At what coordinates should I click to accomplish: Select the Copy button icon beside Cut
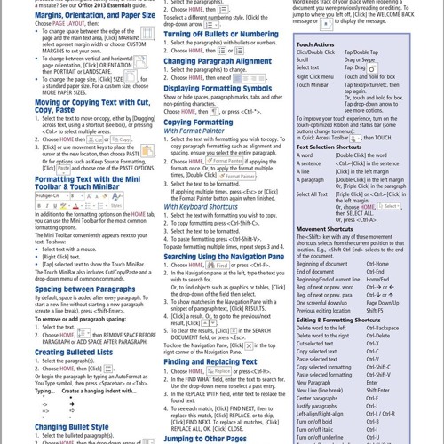[x=120, y=139]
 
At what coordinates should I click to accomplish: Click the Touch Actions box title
[x=316, y=44]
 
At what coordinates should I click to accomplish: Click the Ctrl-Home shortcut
[x=377, y=264]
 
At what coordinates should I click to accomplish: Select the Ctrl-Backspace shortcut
[x=383, y=328]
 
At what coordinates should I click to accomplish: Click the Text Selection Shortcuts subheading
[x=334, y=146]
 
